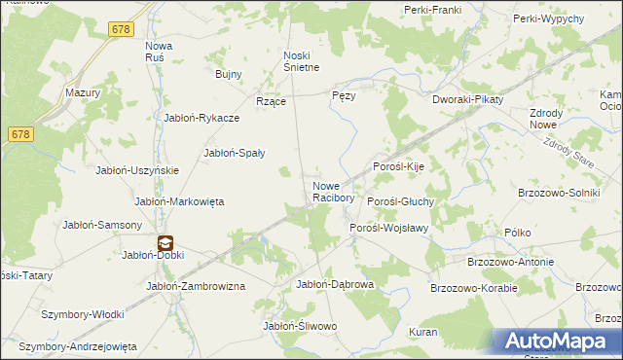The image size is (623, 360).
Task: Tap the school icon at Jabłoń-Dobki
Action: coord(165,243)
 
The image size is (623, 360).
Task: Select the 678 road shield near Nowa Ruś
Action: coord(121,30)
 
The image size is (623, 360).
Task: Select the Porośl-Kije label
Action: coord(400,166)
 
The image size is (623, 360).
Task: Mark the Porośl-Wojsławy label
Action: coord(389,228)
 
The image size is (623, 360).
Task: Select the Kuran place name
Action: coord(423,332)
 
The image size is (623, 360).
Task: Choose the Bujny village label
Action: coord(228,73)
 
